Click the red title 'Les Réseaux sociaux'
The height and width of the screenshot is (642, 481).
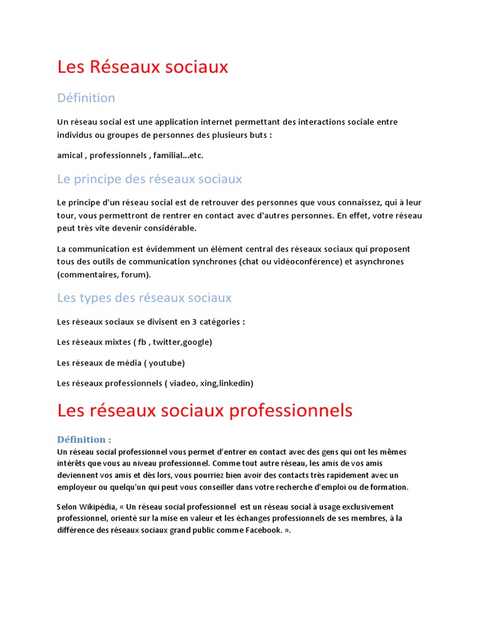(143, 67)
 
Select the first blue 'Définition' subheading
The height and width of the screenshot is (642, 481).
(86, 98)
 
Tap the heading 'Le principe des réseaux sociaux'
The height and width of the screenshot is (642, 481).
(149, 179)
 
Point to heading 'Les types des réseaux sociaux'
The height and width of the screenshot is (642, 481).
(144, 298)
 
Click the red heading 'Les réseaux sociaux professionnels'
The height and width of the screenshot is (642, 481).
(205, 411)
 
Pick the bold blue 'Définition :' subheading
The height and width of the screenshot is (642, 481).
(85, 439)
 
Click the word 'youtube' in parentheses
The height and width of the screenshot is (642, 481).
(164, 362)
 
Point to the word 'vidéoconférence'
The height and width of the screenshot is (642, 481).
(304, 261)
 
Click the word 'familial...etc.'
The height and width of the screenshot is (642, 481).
(178, 155)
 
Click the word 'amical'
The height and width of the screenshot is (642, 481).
(70, 155)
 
